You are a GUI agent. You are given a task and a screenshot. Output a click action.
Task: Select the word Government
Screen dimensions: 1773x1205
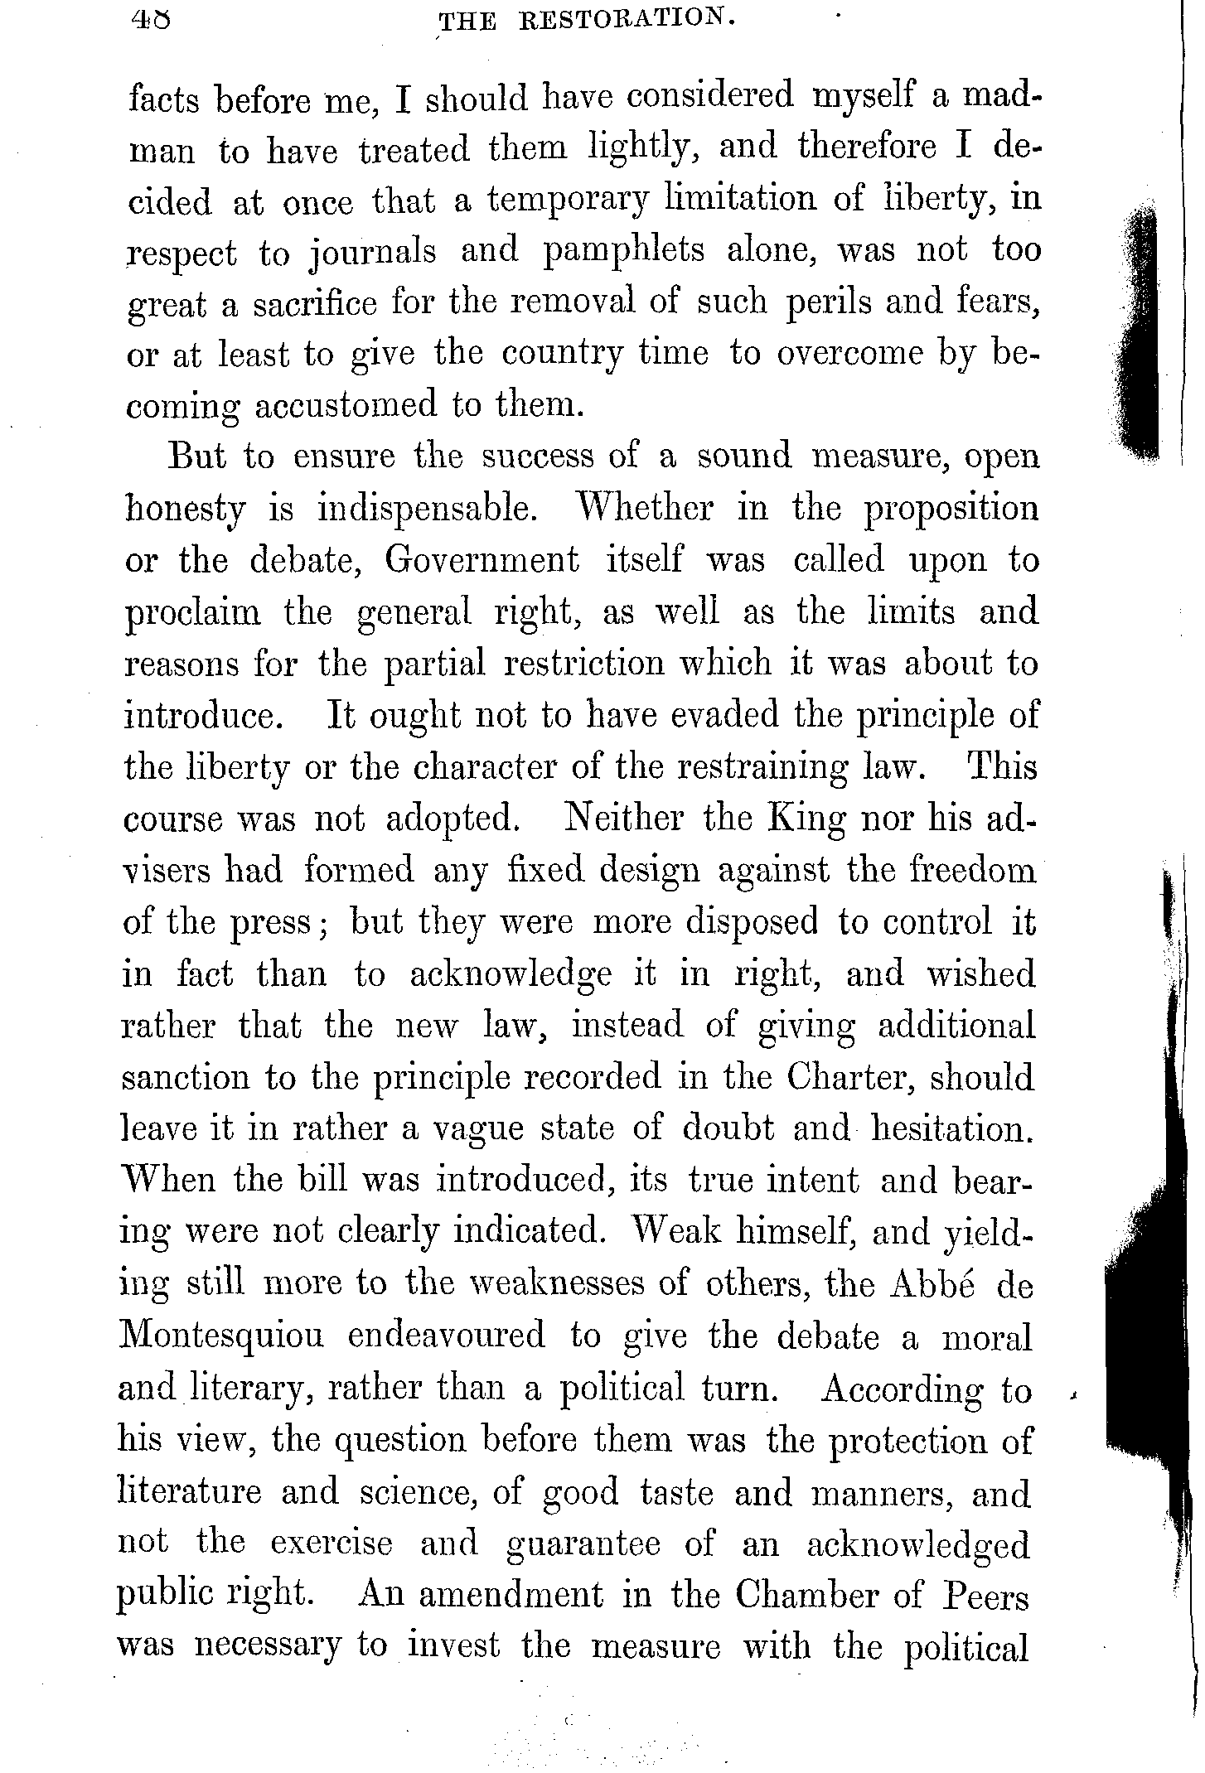tap(482, 561)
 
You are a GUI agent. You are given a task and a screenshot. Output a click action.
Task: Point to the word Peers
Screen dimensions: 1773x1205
tap(985, 1596)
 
